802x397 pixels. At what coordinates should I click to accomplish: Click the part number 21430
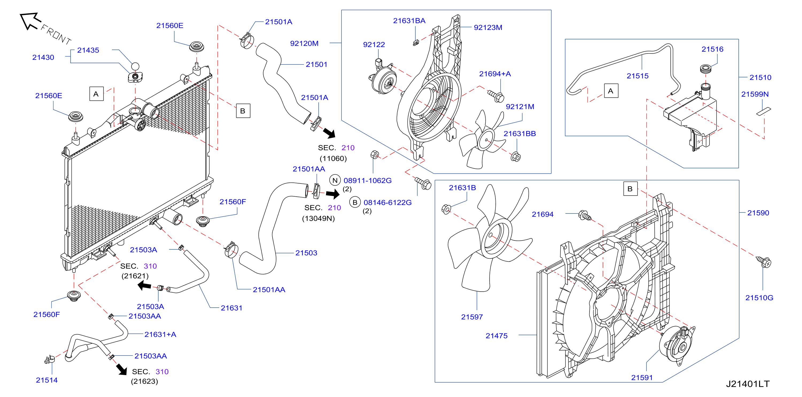coord(43,57)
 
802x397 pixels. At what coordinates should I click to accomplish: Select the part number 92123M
coord(488,28)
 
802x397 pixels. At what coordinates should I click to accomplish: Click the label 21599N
coord(755,94)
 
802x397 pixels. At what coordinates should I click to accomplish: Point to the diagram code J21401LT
coord(747,384)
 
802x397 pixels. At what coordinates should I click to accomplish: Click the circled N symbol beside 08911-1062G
coord(335,180)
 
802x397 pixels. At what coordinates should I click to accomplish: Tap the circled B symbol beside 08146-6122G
coord(355,202)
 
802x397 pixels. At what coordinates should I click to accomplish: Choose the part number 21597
coord(472,317)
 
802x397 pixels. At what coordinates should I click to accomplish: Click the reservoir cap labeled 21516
coord(706,69)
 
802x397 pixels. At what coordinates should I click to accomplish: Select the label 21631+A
coord(160,334)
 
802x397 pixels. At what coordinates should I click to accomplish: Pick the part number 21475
coord(496,336)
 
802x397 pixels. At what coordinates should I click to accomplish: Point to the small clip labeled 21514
coord(49,360)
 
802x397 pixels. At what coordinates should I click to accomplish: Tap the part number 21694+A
coord(495,74)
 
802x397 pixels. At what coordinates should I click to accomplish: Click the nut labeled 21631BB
coord(516,157)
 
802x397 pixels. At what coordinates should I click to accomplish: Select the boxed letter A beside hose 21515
coord(611,91)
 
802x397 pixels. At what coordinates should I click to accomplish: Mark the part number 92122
coord(374,45)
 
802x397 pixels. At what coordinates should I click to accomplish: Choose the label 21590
coord(758,213)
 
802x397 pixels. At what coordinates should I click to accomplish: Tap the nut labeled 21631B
coord(446,209)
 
